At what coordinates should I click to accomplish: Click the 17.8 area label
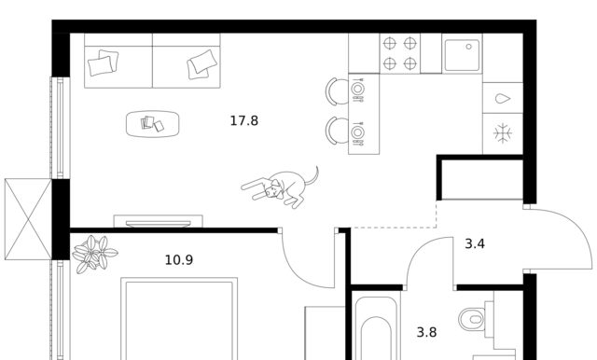coord(244,121)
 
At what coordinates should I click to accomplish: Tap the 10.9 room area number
coord(179,260)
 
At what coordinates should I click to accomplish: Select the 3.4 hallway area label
coord(475,244)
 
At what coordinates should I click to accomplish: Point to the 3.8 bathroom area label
coord(427,333)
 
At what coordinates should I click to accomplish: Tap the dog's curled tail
coord(312,177)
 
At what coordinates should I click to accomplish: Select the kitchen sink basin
coord(462,55)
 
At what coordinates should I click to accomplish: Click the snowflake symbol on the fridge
coord(503,133)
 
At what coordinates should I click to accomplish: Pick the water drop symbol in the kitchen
coord(503,99)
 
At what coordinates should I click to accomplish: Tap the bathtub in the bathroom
coord(375,327)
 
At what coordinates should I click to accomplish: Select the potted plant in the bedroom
coord(94,255)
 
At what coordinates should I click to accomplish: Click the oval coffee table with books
coord(153,124)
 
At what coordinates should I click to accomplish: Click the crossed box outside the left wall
coord(28,219)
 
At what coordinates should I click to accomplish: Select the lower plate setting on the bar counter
coord(357,132)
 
